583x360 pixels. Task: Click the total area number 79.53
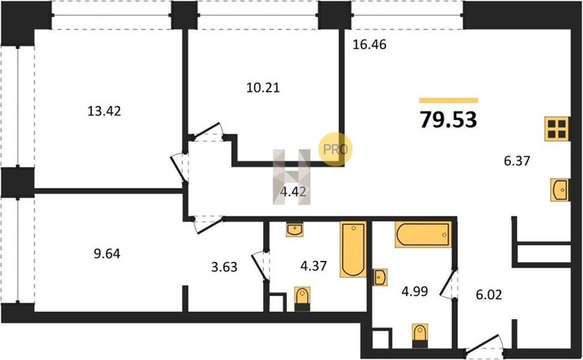tap(448, 120)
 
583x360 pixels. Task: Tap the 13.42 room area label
tap(104, 111)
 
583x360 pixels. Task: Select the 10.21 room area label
tap(263, 87)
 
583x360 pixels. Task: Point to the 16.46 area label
tap(370, 45)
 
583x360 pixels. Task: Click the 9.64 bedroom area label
tap(107, 254)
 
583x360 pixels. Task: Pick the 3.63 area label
tap(224, 267)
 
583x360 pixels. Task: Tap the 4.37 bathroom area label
tap(314, 265)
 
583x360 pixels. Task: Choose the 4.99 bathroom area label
tap(415, 291)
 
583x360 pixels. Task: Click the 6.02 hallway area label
tap(489, 295)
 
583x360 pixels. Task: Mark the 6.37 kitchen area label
tap(517, 161)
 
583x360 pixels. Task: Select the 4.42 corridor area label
tap(293, 192)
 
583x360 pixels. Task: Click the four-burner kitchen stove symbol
tap(557, 129)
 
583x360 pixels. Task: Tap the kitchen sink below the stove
tap(560, 190)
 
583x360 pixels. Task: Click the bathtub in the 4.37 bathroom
tap(353, 249)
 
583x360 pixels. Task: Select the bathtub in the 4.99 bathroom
tap(423, 234)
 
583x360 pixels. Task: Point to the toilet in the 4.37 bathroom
tap(303, 298)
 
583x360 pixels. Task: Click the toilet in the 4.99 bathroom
tap(420, 335)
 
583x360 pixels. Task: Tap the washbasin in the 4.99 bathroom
tap(380, 277)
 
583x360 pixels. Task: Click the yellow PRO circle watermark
tap(335, 149)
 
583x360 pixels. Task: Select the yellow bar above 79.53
tap(448, 100)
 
